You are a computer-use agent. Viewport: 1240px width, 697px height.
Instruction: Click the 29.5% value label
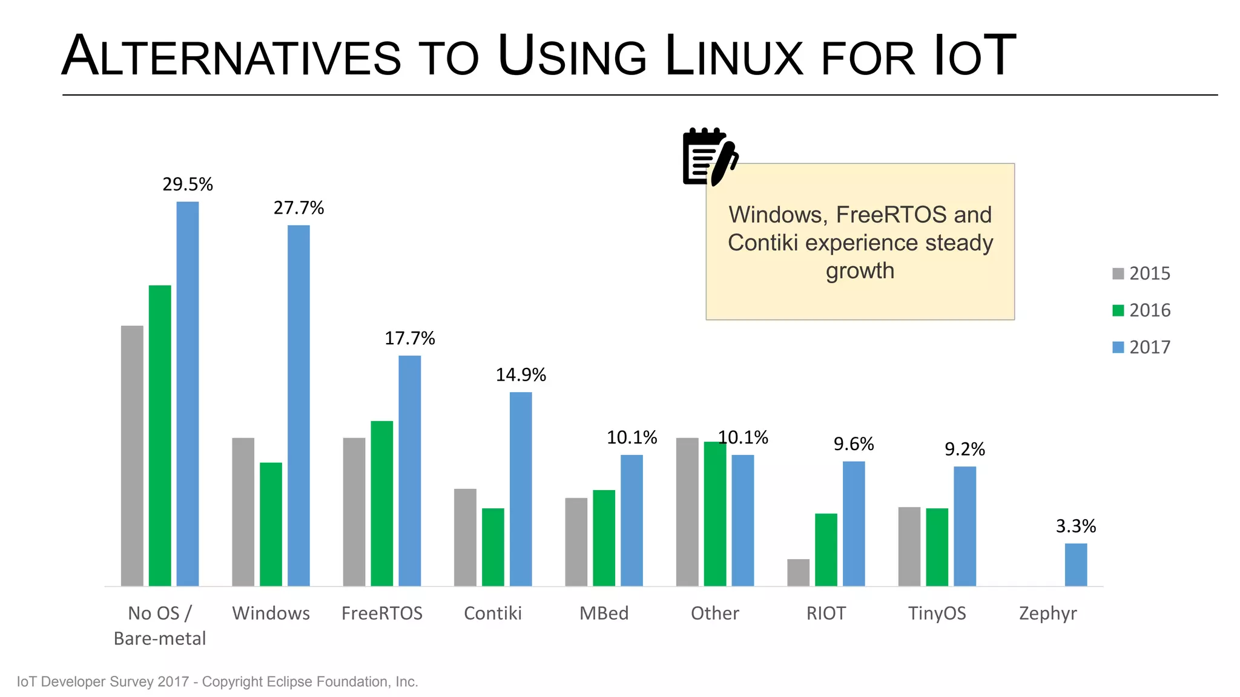[x=188, y=185]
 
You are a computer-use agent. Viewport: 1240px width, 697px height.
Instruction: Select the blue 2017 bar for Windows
[x=298, y=405]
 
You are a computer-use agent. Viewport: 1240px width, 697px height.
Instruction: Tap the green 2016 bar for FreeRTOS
[x=382, y=503]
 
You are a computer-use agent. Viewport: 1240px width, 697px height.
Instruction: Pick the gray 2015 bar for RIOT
[x=798, y=572]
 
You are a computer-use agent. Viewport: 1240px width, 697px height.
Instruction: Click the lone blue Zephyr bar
[x=1076, y=564]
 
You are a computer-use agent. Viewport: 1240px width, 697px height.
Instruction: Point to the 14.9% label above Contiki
[x=521, y=375]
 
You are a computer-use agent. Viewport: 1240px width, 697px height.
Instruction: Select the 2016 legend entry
[x=1141, y=310]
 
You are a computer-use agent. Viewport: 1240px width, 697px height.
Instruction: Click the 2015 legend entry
[x=1141, y=273]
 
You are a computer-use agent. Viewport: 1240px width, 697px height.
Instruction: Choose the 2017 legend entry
[x=1141, y=347]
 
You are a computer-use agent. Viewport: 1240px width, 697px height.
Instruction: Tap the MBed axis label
[x=604, y=614]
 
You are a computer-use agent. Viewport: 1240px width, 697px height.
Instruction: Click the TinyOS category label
[x=937, y=614]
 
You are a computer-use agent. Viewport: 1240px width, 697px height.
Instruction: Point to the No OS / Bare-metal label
[x=160, y=626]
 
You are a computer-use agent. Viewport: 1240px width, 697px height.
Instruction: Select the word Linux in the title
[x=733, y=56]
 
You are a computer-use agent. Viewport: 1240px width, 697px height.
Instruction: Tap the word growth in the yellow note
[x=860, y=270]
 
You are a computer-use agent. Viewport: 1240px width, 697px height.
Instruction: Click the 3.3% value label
[x=1076, y=526]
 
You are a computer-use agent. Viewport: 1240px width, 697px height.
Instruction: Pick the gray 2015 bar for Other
[x=687, y=512]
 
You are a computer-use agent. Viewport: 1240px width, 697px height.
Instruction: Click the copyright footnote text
[x=217, y=682]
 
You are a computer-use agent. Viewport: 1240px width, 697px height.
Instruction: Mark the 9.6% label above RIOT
[x=854, y=444]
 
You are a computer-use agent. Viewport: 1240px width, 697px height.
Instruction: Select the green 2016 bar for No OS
[x=160, y=436]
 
